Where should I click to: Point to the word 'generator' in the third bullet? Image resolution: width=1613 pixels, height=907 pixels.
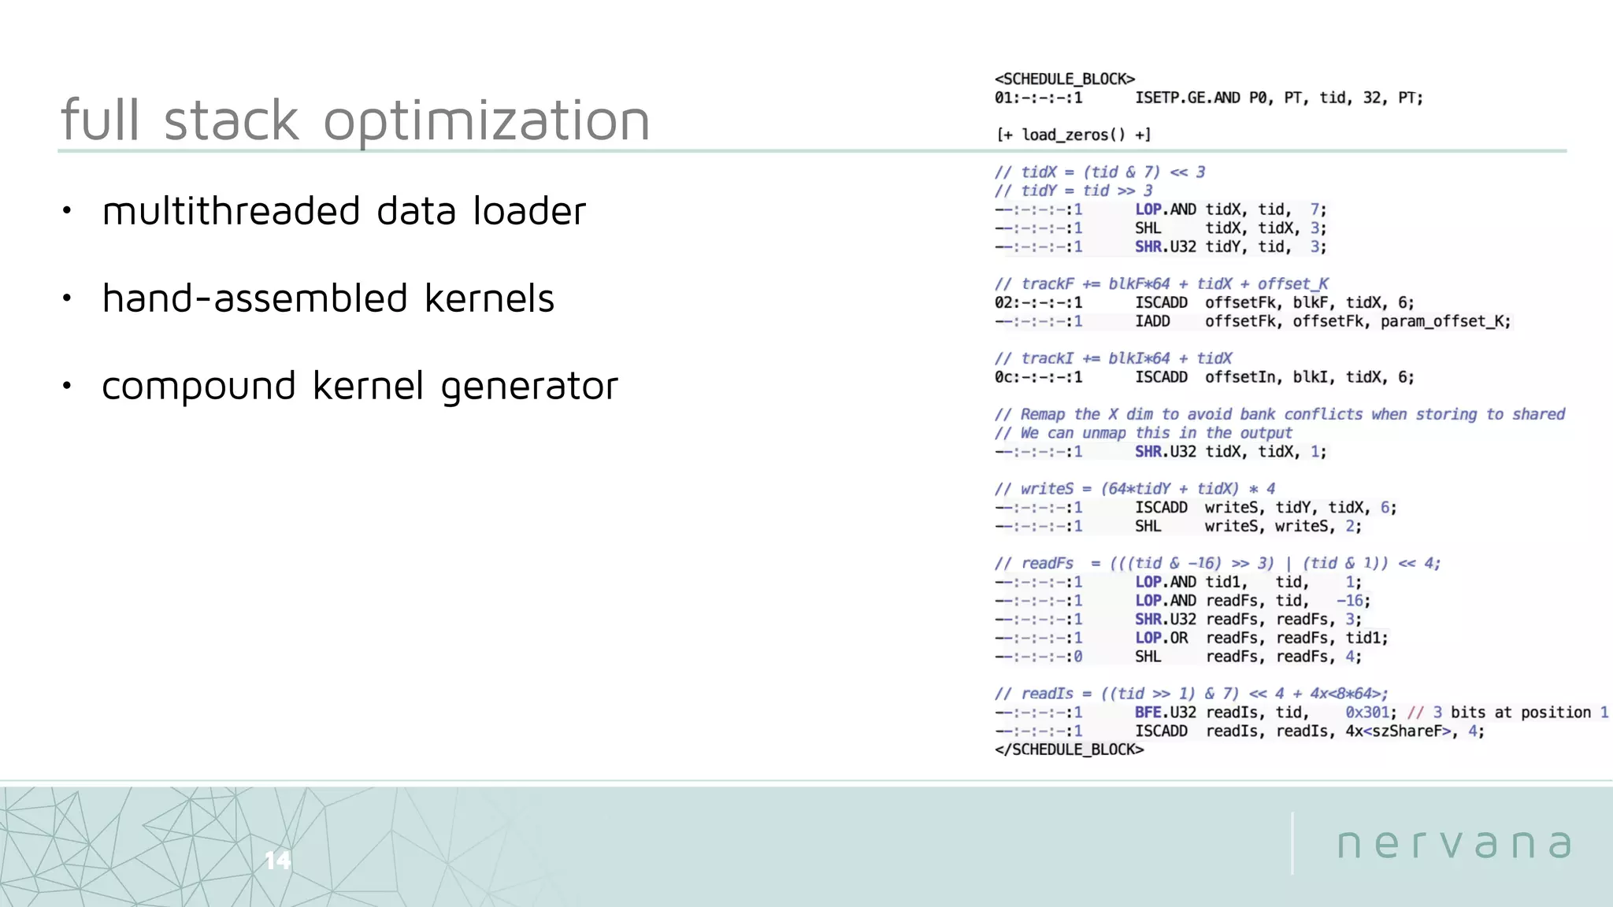(x=529, y=387)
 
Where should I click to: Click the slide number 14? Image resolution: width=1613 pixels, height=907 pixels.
(x=277, y=860)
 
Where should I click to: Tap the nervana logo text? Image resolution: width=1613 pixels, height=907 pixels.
(x=1455, y=843)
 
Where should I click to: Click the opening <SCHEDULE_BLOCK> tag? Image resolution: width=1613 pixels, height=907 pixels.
(x=1064, y=79)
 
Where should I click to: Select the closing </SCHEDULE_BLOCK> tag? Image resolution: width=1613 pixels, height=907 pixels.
(x=1069, y=750)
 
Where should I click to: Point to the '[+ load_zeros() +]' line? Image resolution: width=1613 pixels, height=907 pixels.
(x=1073, y=135)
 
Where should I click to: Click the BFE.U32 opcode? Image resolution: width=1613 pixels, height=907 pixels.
(x=1165, y=713)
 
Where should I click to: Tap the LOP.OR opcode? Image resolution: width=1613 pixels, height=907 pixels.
(x=1161, y=638)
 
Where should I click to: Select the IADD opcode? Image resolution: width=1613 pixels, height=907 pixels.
(x=1152, y=321)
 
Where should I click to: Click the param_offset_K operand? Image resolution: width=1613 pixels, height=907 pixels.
(x=1445, y=321)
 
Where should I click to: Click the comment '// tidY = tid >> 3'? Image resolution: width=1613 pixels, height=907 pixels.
(x=1073, y=191)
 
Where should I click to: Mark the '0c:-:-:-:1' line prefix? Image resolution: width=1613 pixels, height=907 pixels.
(x=1038, y=377)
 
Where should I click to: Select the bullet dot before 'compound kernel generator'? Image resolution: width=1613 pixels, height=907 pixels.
(x=67, y=386)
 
